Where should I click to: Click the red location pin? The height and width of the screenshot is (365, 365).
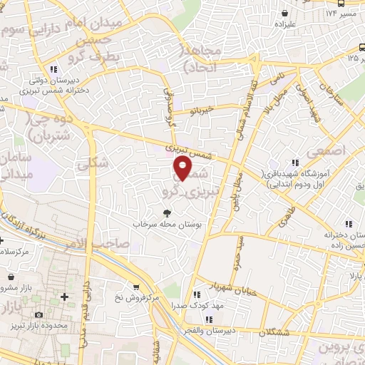(x=182, y=168)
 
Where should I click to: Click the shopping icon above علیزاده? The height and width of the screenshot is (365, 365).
(x=285, y=13)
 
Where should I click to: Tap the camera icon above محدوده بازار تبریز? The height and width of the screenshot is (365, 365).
(x=38, y=314)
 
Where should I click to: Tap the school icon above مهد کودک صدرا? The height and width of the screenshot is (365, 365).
(x=195, y=294)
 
